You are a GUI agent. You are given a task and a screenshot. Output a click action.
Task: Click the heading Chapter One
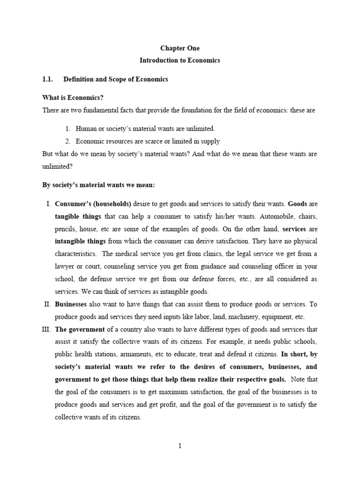point(180,48)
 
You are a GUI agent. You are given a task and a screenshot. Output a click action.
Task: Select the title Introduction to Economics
point(180,60)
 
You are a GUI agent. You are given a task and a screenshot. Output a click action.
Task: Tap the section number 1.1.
point(48,79)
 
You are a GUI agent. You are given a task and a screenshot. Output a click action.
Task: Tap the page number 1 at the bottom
point(180,446)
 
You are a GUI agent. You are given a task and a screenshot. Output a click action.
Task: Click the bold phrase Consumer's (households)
point(93,204)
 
